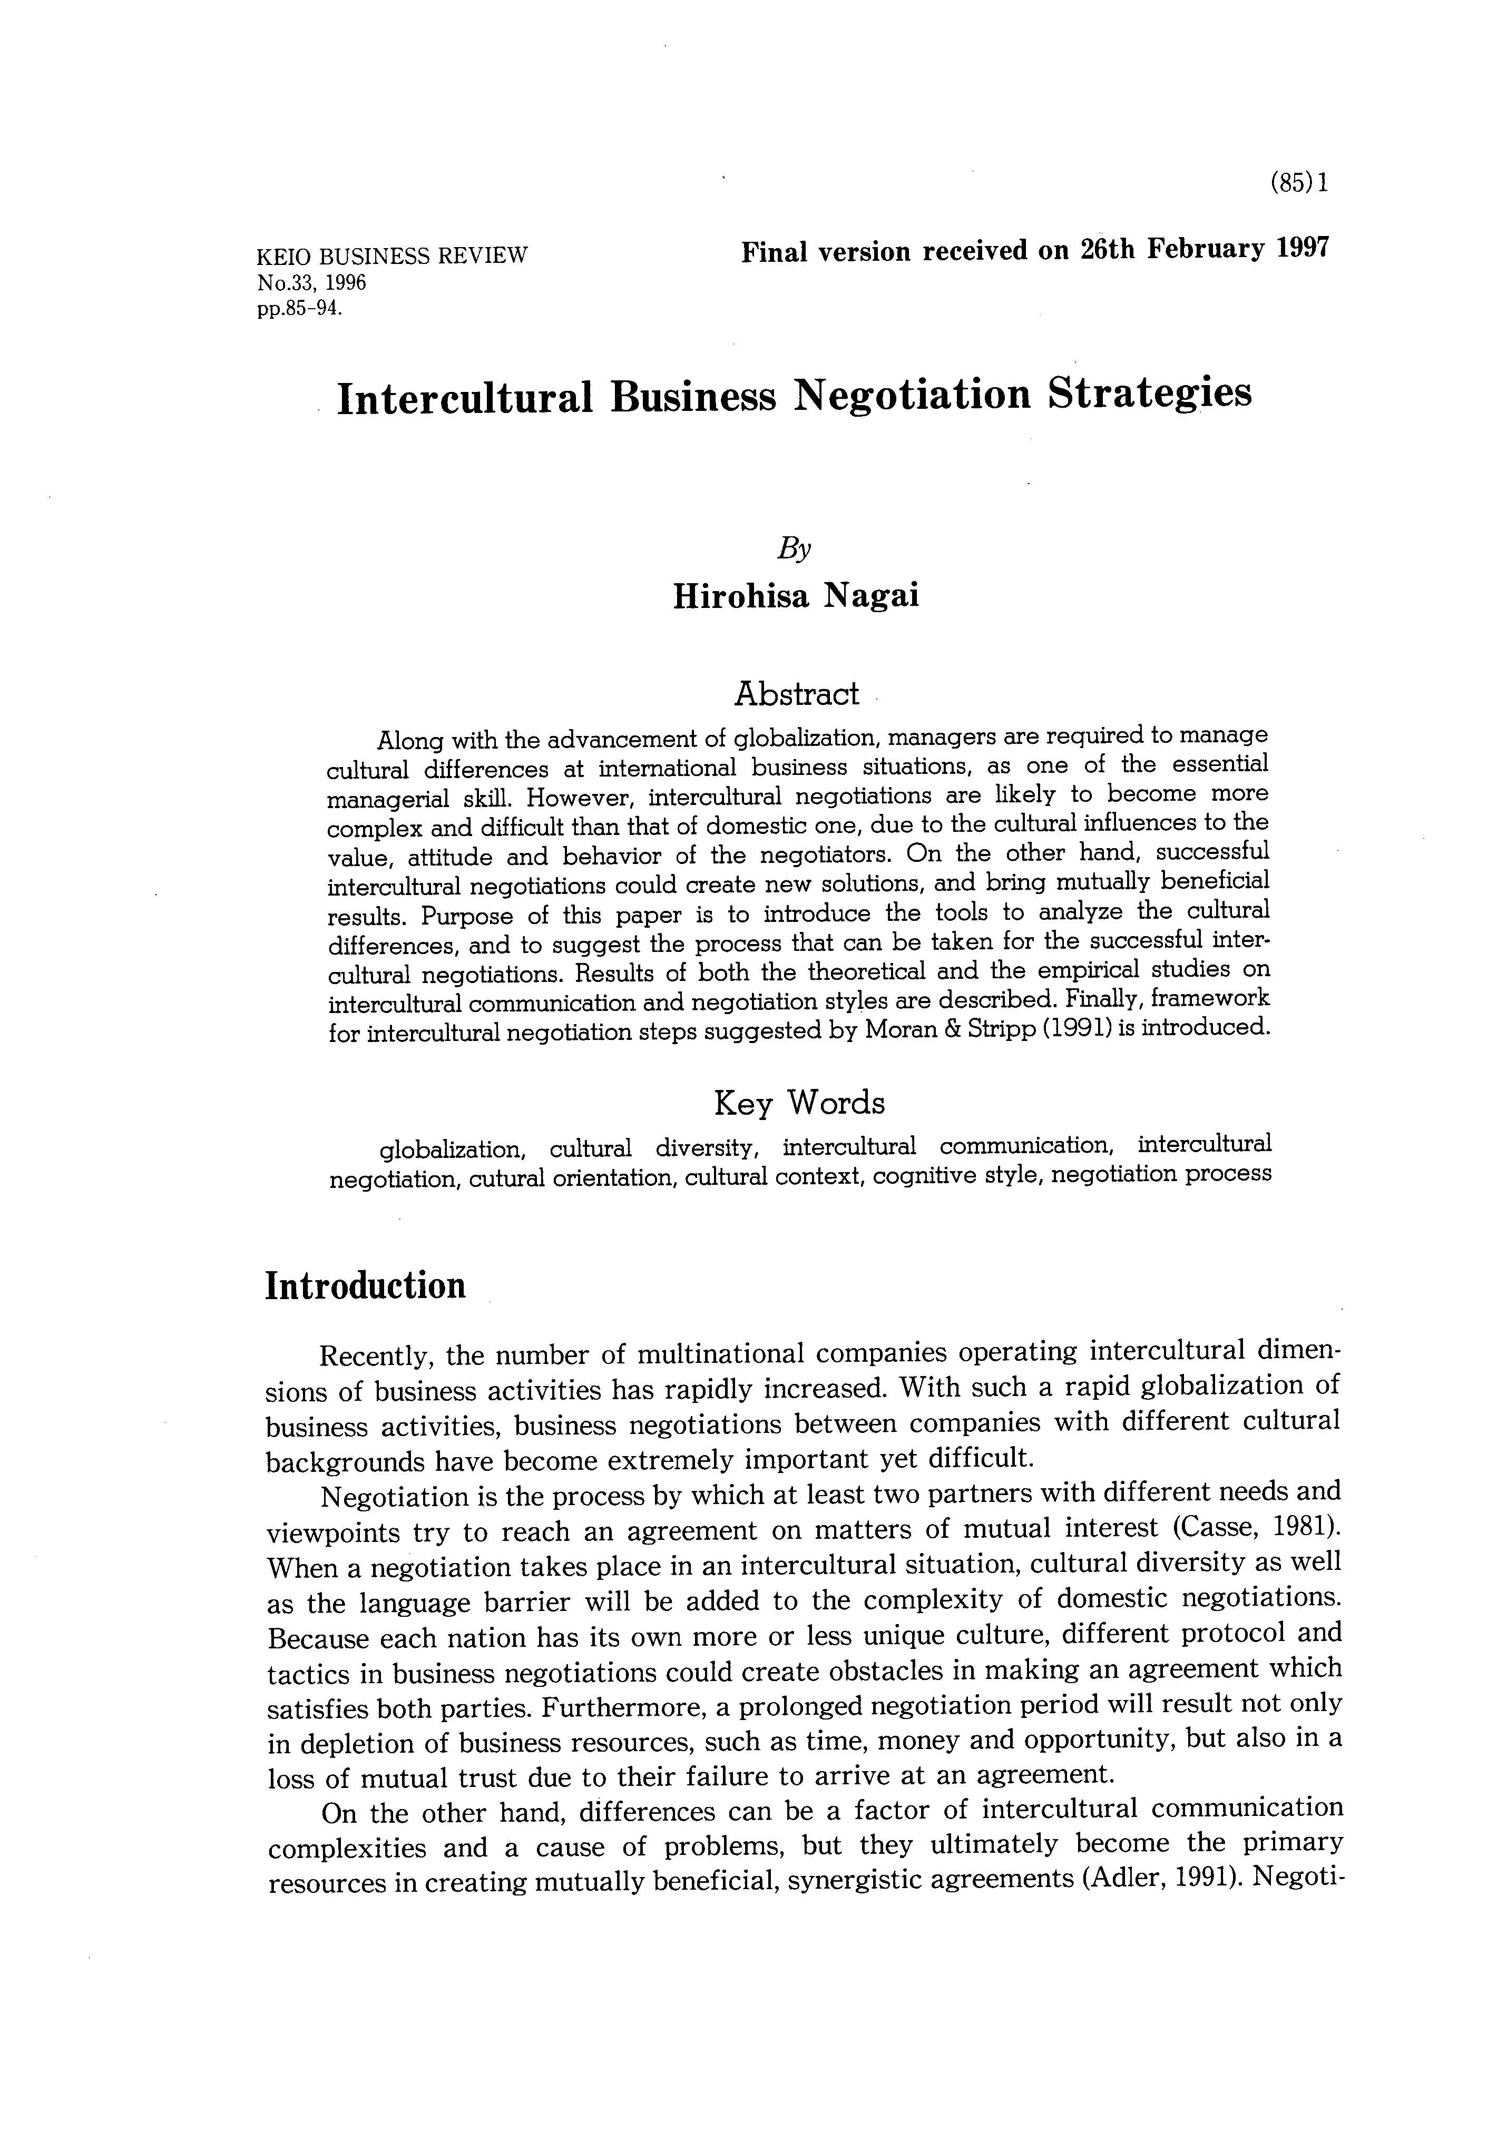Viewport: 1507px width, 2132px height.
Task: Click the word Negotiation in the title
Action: point(911,396)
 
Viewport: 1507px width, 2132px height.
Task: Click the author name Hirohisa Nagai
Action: point(796,595)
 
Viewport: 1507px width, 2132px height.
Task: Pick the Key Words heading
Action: point(798,1103)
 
